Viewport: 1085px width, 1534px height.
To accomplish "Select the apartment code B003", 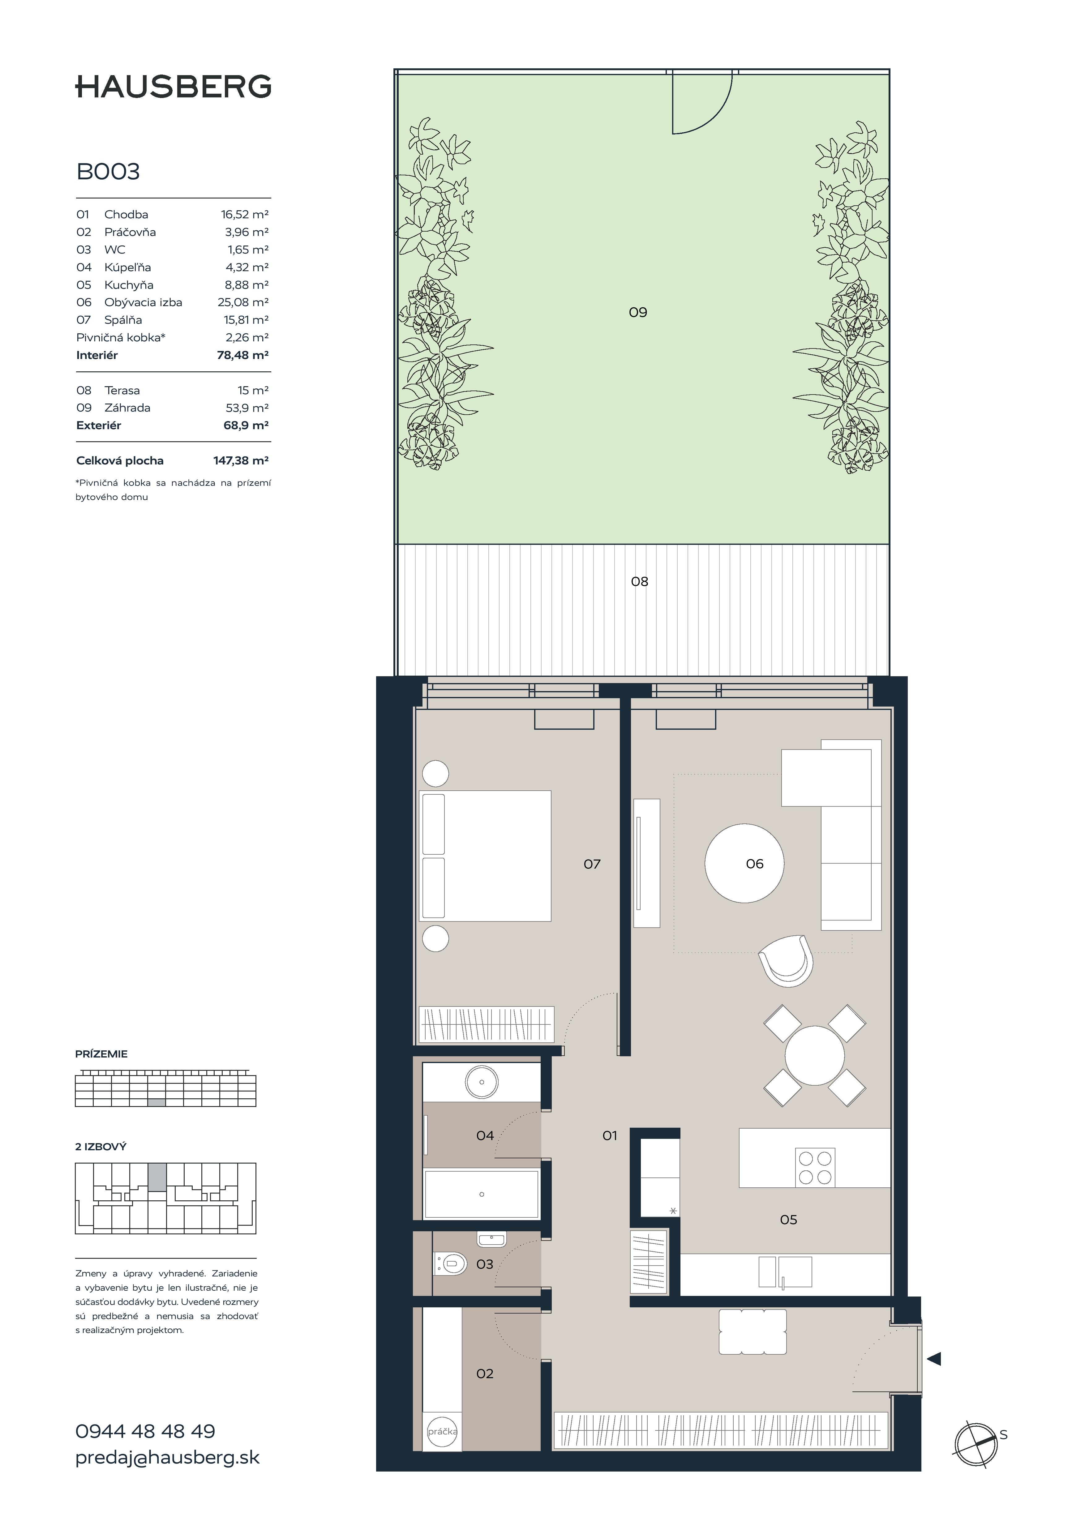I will pyautogui.click(x=108, y=172).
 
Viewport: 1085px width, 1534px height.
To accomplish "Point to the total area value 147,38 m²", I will pyautogui.click(x=241, y=460).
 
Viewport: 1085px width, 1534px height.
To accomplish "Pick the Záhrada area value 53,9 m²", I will pyautogui.click(x=247, y=408).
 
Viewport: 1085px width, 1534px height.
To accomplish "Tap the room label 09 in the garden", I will pyautogui.click(x=638, y=312).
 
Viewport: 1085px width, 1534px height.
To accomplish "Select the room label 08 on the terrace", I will pyautogui.click(x=639, y=581).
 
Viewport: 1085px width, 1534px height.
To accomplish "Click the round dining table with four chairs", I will pyautogui.click(x=814, y=1056).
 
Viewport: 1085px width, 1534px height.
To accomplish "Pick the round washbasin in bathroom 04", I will pyautogui.click(x=482, y=1082).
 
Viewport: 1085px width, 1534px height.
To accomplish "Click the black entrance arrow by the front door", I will pyautogui.click(x=933, y=1358).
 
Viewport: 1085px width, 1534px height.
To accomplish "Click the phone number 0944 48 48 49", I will pyautogui.click(x=145, y=1431).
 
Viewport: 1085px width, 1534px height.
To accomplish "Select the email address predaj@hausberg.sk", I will pyautogui.click(x=167, y=1457).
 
